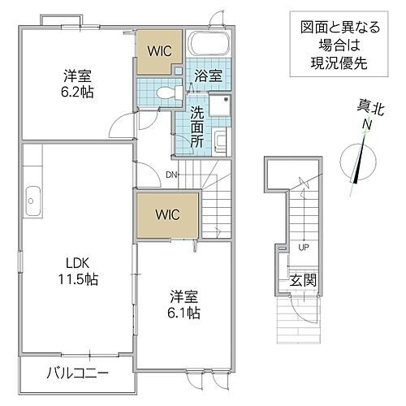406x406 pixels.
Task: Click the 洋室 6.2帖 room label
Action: tap(79, 84)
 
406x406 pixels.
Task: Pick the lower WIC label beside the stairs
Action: tap(166, 215)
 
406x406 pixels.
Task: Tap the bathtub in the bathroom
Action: tap(210, 49)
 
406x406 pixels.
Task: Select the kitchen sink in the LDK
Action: tap(32, 197)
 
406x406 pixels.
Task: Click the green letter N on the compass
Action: tap(365, 124)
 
